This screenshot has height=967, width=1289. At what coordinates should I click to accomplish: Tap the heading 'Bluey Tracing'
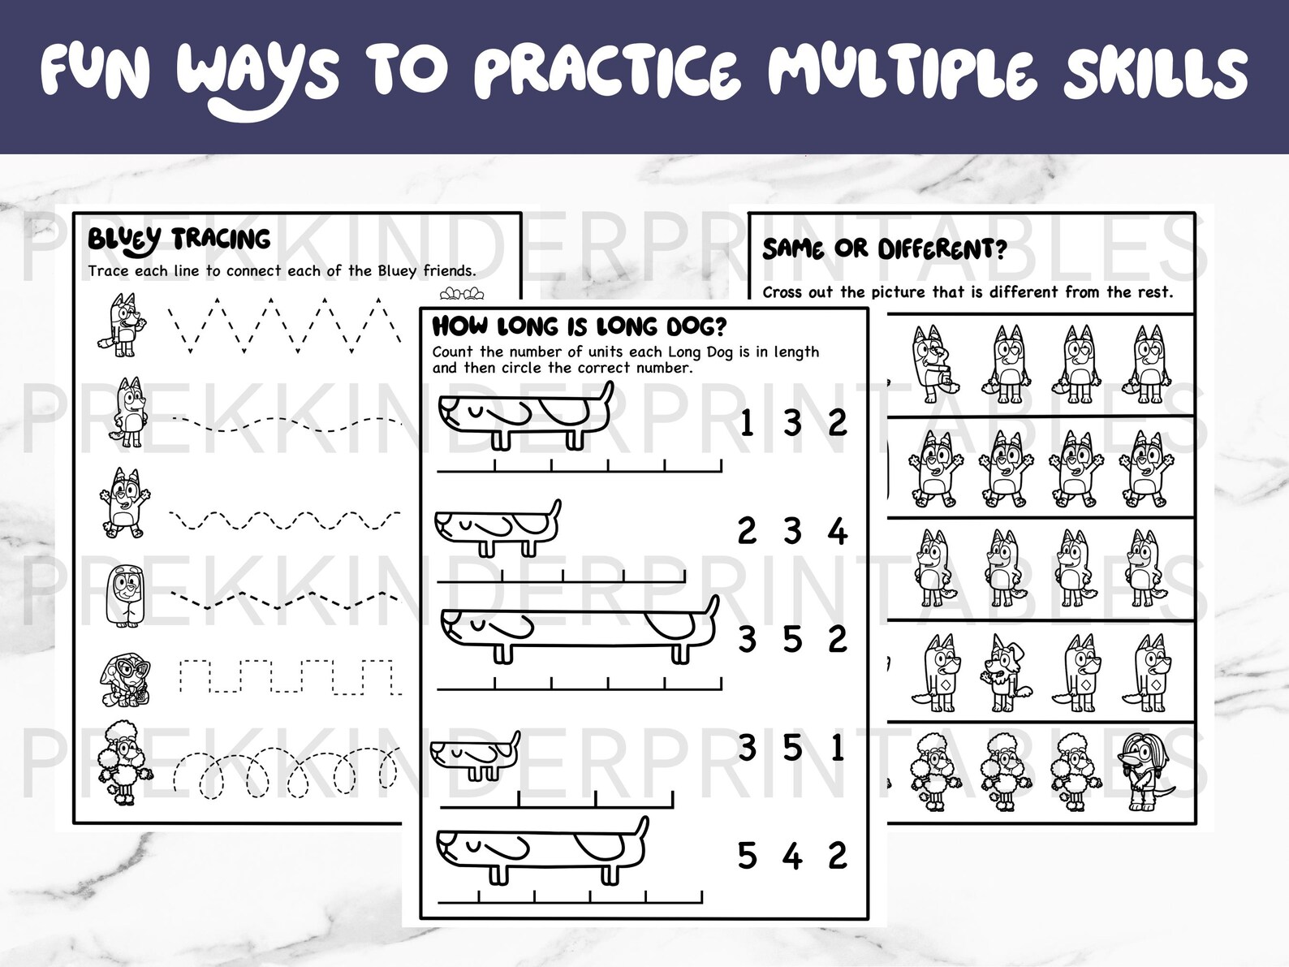coord(179,240)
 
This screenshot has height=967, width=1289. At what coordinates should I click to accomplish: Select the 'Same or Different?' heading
coord(884,248)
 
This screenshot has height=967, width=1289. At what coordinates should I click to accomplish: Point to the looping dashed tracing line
coord(284,775)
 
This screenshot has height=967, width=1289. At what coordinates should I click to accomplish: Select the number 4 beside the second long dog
coord(838,532)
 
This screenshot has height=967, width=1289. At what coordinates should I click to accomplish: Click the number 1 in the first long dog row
coord(747,423)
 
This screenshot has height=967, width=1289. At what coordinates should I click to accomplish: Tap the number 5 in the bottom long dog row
coord(747,856)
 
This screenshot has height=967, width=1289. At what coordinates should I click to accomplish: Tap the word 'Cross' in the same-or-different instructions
coord(782,292)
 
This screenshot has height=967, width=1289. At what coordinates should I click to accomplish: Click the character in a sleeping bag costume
coord(120,594)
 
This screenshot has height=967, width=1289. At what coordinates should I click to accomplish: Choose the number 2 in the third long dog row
coord(838,640)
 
